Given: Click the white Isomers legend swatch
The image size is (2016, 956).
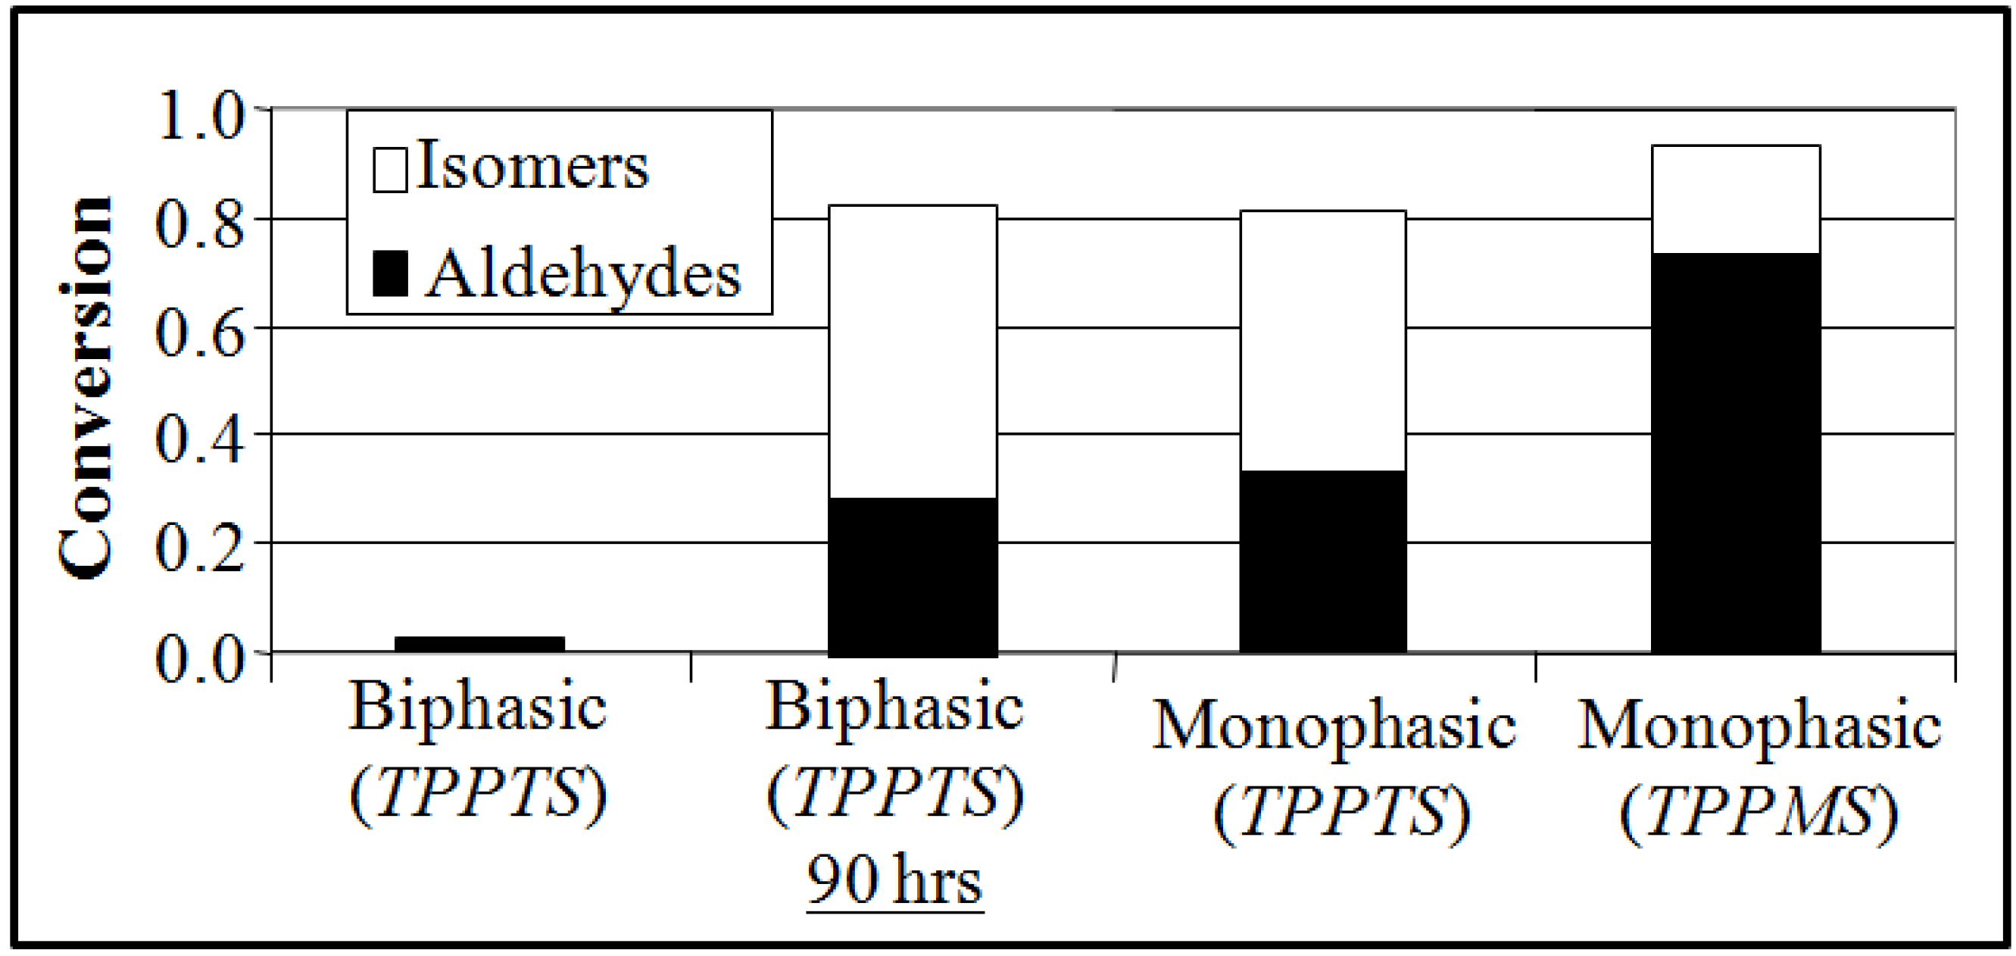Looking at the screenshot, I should point(390,165).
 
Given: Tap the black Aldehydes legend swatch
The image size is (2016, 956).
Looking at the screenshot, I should point(390,273).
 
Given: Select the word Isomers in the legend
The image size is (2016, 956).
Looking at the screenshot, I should point(532,166).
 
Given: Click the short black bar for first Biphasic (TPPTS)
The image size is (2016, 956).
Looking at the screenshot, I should point(479,645).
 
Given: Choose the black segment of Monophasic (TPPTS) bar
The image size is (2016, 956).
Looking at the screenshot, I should point(1322,561).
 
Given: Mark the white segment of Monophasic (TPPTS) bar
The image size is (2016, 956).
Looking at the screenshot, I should point(1322,341).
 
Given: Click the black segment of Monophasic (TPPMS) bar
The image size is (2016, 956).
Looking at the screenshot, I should point(1735,452).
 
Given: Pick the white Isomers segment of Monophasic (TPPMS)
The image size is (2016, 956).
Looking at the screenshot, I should point(1735,199).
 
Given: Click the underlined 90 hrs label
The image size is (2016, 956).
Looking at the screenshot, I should point(894,880).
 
